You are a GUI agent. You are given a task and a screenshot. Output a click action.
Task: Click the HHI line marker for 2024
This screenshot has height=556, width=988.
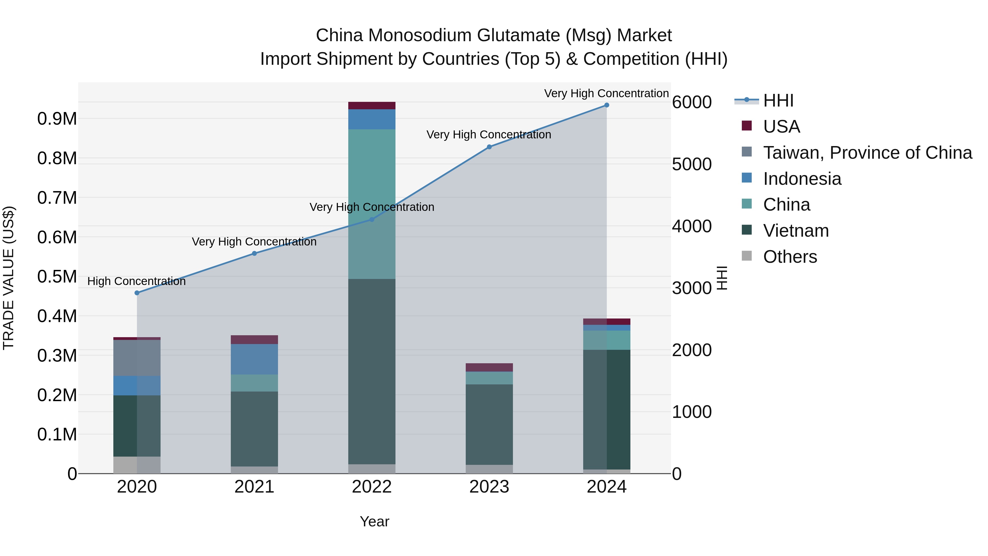(x=606, y=105)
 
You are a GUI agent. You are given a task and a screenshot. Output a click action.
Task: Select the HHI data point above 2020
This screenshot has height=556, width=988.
(x=137, y=293)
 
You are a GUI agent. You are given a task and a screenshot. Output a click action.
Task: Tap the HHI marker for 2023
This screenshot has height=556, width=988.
(x=489, y=147)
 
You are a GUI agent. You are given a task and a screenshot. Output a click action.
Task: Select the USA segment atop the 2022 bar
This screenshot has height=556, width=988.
(x=372, y=105)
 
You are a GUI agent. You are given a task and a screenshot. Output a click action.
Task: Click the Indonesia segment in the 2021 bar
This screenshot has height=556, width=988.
(x=254, y=359)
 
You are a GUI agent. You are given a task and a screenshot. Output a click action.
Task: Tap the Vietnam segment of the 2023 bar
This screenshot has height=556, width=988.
(x=489, y=424)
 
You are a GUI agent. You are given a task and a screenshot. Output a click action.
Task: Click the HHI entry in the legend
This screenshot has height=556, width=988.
(x=778, y=100)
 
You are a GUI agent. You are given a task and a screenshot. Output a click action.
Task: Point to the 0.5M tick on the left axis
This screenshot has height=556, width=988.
(x=57, y=277)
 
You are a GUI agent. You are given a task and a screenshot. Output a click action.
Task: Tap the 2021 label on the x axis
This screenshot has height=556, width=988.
(x=254, y=487)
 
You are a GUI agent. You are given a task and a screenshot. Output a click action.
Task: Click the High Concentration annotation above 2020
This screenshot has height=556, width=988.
(x=137, y=281)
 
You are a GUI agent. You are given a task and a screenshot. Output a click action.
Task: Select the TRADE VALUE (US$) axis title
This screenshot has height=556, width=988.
(x=9, y=278)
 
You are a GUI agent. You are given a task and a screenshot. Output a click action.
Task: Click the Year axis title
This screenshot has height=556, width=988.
(x=374, y=521)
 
